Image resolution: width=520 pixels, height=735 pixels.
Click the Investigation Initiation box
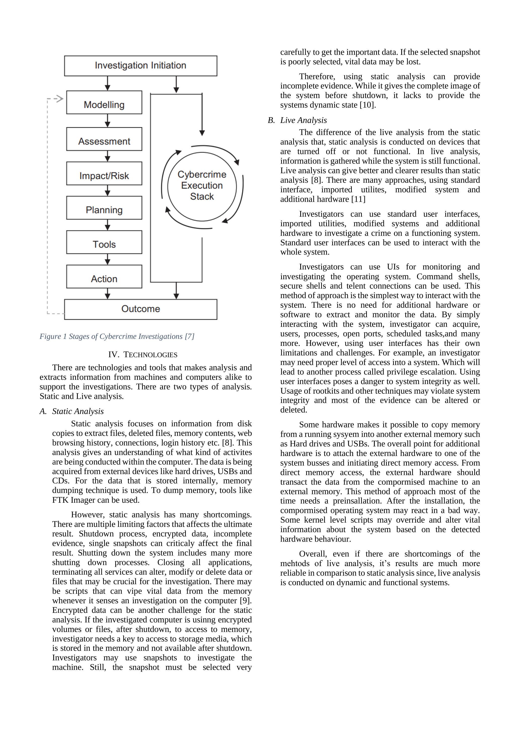(x=141, y=66)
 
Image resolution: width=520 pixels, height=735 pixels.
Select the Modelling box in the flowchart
(x=104, y=103)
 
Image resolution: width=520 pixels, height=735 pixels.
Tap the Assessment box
(x=104, y=139)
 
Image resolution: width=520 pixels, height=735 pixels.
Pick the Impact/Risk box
(x=104, y=173)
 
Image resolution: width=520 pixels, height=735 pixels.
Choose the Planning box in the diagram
(x=104, y=208)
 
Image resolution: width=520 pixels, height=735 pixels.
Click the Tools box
(x=104, y=242)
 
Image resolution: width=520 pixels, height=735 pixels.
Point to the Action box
(x=104, y=277)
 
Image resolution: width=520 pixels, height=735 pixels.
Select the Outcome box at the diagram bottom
(x=141, y=309)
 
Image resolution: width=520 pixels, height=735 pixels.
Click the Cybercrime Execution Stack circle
(x=202, y=186)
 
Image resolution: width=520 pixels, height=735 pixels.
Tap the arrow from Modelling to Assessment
(x=108, y=121)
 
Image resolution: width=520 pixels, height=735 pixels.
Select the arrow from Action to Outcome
(x=108, y=294)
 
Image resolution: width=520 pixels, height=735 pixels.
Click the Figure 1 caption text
(x=117, y=336)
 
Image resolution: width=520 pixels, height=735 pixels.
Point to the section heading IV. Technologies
(x=143, y=355)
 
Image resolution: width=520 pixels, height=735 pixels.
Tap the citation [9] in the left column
(x=246, y=601)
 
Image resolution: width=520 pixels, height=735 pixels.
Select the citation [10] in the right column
(x=368, y=105)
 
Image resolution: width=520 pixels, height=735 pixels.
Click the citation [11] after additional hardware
(x=358, y=199)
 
